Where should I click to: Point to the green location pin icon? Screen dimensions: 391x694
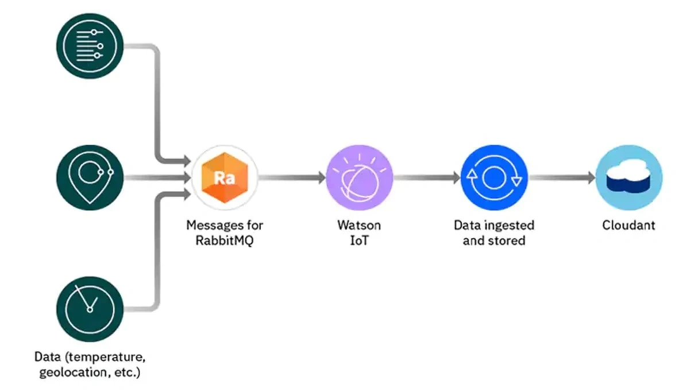click(90, 177)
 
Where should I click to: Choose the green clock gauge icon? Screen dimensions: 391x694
click(90, 309)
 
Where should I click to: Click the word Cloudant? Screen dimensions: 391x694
click(629, 225)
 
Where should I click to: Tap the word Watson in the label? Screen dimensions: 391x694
click(358, 225)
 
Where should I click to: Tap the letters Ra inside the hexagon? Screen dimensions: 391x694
click(225, 177)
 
